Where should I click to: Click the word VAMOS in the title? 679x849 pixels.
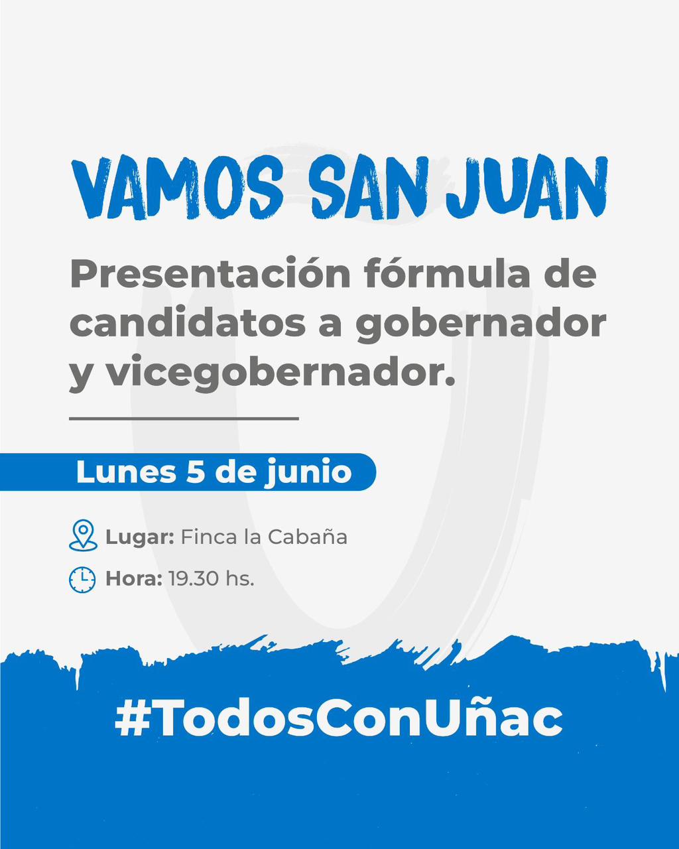coord(178,188)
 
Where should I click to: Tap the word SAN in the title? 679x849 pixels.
coord(368,188)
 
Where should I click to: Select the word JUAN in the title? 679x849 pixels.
coord(527,188)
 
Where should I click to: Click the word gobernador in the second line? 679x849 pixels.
coord(481,324)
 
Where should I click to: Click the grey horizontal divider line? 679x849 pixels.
coord(184,418)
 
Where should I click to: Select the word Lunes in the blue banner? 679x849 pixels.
coord(126,472)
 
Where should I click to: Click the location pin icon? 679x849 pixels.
coord(83,535)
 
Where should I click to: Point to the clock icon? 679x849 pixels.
coord(82,580)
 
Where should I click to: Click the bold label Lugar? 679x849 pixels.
coord(140,537)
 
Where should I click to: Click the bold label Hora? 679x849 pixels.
coord(134,579)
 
